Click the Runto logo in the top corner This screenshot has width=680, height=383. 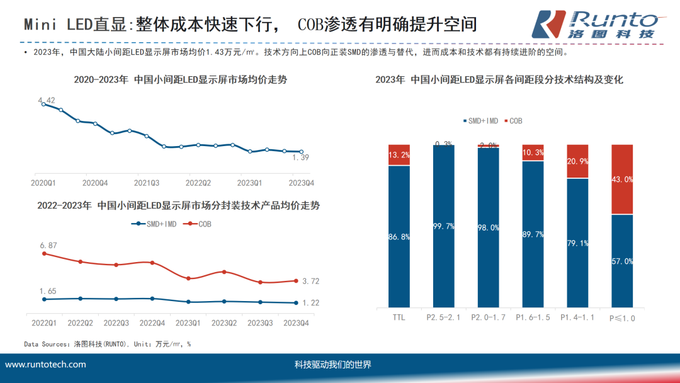[x=595, y=25]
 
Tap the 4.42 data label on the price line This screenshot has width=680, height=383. [x=47, y=100]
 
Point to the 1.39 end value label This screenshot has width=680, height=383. [x=301, y=157]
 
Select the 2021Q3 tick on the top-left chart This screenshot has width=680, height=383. [x=146, y=182]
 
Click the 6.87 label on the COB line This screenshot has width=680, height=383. [x=48, y=244]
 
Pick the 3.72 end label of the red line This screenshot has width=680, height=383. [x=310, y=281]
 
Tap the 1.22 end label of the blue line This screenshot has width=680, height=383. [x=310, y=303]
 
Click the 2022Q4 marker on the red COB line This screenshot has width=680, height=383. [x=152, y=263]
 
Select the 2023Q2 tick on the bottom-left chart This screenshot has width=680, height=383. [x=224, y=323]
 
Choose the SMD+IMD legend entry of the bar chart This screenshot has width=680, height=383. [x=481, y=120]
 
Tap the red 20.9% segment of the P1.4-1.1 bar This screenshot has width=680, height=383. [x=577, y=161]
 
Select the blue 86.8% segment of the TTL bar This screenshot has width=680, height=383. [x=399, y=236]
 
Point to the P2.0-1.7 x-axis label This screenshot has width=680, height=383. [x=488, y=317]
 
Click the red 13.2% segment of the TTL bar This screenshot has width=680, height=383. [x=399, y=155]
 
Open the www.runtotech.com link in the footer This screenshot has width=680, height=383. [x=45, y=365]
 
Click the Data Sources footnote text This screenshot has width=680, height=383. [x=107, y=344]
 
